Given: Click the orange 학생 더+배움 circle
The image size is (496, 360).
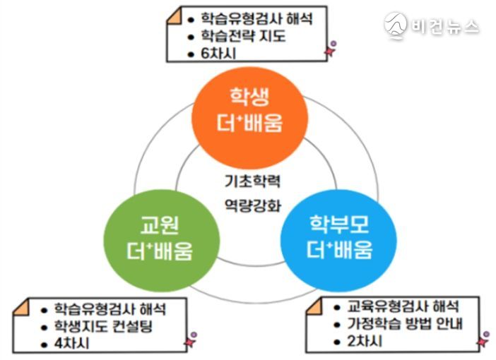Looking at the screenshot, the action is tap(250, 118).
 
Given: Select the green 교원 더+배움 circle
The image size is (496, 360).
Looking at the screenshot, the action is tap(162, 240).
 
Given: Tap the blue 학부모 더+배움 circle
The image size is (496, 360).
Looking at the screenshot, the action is tap(338, 240).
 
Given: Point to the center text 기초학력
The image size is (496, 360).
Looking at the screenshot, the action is tap(252, 181).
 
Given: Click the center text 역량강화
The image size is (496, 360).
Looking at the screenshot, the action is tap(252, 205).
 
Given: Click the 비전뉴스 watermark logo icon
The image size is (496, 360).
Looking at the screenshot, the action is tap(396, 25).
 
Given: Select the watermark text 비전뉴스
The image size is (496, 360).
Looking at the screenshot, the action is tap(445, 26).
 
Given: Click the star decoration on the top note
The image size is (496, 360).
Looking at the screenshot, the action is tap(330, 49).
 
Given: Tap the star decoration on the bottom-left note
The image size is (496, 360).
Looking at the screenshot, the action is tap(191, 340).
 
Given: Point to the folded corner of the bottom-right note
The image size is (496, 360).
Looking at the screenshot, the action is tap(314, 306).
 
